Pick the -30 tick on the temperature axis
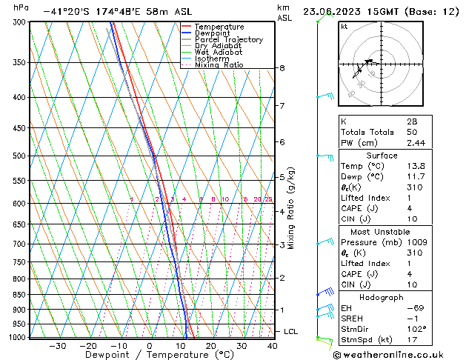point(57,346)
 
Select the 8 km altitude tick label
point(282,68)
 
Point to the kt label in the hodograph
point(344,27)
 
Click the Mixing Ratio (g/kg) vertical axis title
point(292,208)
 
